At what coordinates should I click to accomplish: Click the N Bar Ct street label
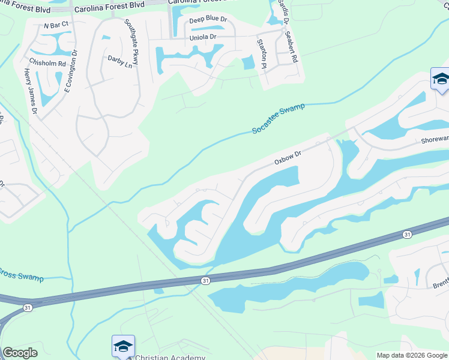57,25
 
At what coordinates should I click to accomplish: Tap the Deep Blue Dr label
208,20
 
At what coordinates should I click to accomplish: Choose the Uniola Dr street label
202,37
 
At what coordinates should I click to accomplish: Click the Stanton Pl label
261,53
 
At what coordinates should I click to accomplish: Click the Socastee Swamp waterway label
278,118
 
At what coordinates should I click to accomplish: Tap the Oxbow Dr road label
287,158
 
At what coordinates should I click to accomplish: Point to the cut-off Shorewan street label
435,139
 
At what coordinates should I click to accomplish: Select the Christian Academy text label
170,357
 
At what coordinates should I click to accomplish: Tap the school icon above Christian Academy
123,346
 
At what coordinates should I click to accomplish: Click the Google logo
20,353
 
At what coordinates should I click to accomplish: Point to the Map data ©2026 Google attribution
412,356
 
